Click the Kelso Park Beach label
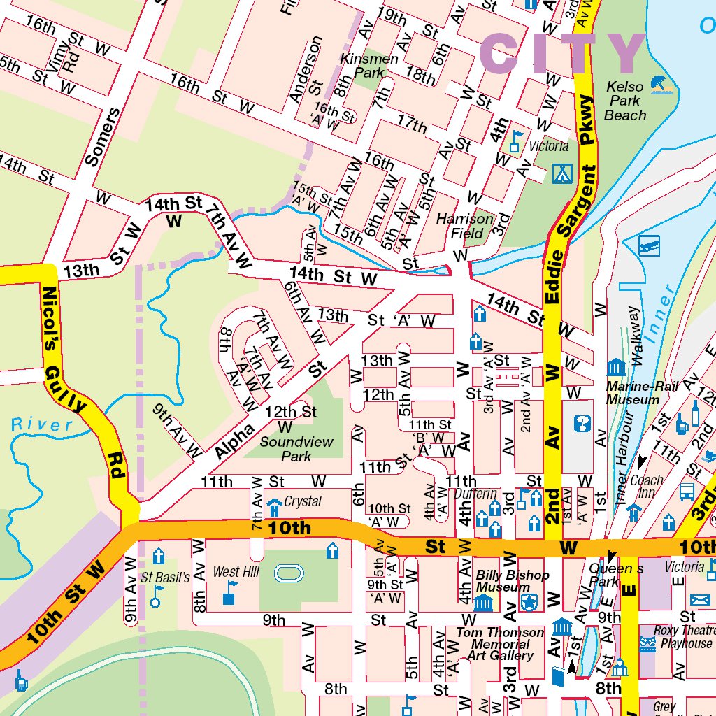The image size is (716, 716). (625, 101)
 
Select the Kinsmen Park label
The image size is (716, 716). (368, 66)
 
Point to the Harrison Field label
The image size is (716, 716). (465, 226)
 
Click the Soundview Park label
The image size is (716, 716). (296, 449)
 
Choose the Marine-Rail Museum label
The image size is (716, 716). (632, 393)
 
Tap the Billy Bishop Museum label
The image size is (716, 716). (512, 581)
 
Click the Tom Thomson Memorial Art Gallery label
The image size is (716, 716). (500, 643)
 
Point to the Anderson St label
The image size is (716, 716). (311, 70)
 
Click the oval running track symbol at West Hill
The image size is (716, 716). (289, 573)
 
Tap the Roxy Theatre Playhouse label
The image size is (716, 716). (682, 636)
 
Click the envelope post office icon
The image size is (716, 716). (699, 600)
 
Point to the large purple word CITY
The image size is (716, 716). (564, 55)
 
